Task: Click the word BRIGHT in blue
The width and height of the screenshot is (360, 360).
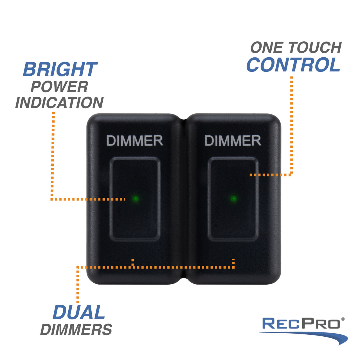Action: click(x=60, y=69)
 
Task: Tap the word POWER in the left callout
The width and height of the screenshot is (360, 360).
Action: click(x=59, y=87)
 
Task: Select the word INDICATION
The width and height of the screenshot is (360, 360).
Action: click(x=59, y=103)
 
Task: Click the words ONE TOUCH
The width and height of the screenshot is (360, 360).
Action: click(x=296, y=48)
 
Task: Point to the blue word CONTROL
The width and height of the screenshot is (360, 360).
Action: click(x=293, y=65)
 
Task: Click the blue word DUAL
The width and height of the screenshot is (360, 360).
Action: click(x=79, y=313)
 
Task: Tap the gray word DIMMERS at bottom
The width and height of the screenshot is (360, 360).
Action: click(x=76, y=330)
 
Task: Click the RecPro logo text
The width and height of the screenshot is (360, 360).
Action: click(x=301, y=324)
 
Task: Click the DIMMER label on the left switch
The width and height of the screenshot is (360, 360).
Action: click(x=135, y=141)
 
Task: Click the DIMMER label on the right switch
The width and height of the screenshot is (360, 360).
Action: click(x=233, y=141)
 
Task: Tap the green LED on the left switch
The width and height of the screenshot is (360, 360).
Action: click(x=135, y=199)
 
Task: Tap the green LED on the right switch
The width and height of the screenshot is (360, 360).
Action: click(x=233, y=199)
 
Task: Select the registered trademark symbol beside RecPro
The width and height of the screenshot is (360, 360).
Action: click(x=343, y=319)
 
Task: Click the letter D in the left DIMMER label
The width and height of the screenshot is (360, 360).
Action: click(x=111, y=141)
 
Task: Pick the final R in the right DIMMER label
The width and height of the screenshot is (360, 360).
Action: click(x=257, y=141)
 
